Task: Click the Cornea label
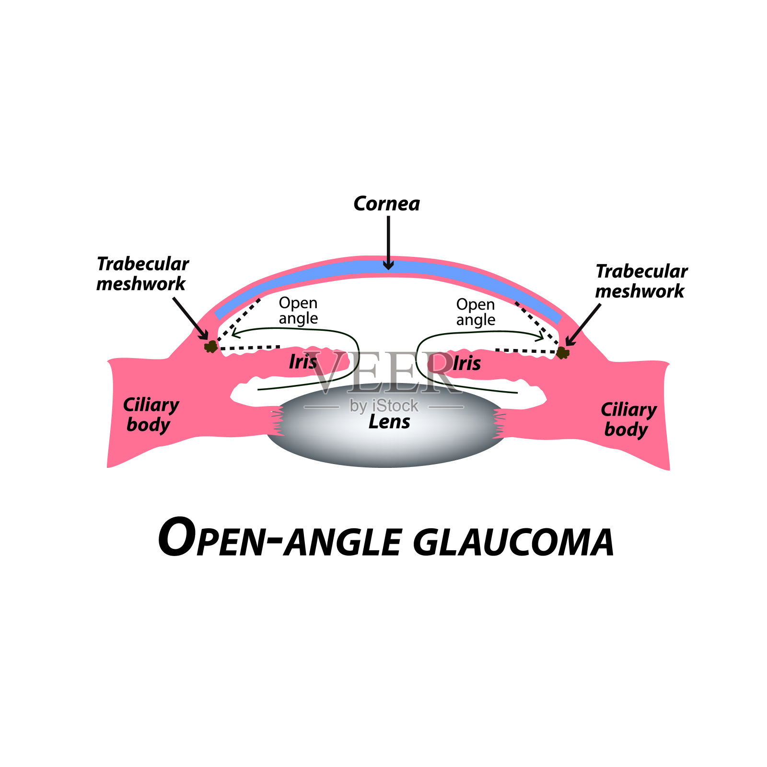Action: pyautogui.click(x=386, y=204)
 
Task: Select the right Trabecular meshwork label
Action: pyautogui.click(x=641, y=281)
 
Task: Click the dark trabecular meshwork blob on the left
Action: pyautogui.click(x=210, y=346)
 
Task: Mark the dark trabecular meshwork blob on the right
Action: pyautogui.click(x=563, y=353)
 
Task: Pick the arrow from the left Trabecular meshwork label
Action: pyautogui.click(x=190, y=318)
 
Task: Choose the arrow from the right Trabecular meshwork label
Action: pyautogui.click(x=583, y=324)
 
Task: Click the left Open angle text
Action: pyautogui.click(x=298, y=311)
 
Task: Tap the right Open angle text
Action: pyautogui.click(x=476, y=312)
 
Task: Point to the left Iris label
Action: pyautogui.click(x=303, y=362)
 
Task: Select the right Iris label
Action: pyautogui.click(x=466, y=363)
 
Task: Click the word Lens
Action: pyautogui.click(x=389, y=422)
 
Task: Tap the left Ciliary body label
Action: pyautogui.click(x=151, y=415)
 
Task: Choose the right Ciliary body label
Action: pyautogui.click(x=628, y=419)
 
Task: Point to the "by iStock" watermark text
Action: pyautogui.click(x=384, y=406)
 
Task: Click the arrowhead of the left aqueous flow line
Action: pyautogui.click(x=235, y=332)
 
